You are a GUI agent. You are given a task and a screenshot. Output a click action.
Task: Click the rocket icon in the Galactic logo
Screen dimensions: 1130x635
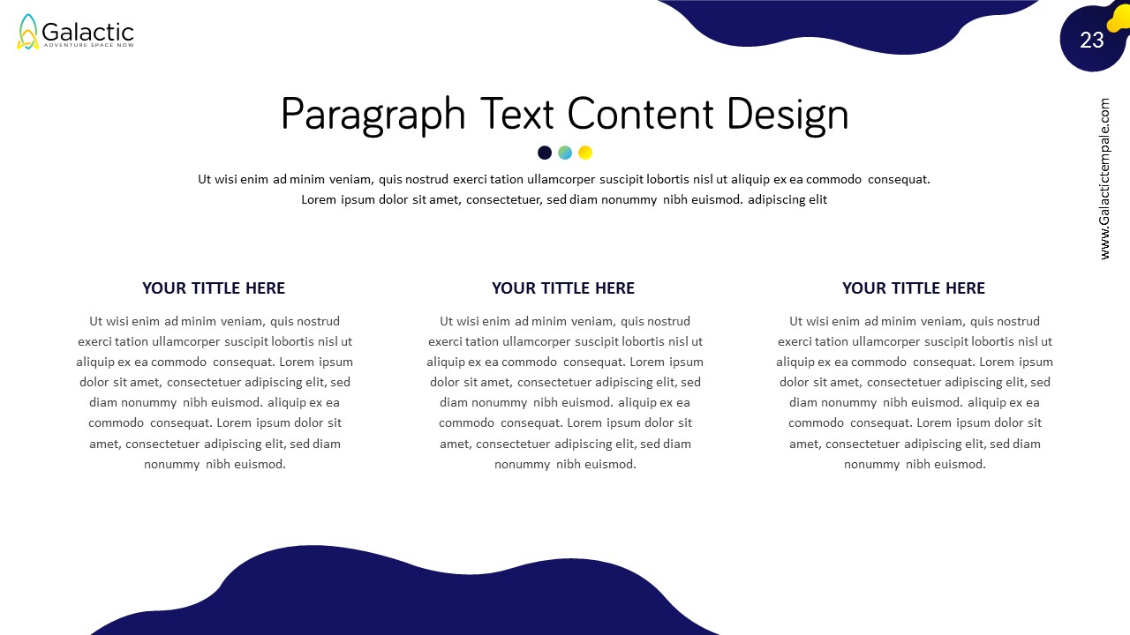27,32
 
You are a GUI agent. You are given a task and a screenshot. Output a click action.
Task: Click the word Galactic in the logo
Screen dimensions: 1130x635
87,33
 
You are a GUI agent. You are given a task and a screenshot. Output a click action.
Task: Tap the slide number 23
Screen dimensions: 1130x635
1092,41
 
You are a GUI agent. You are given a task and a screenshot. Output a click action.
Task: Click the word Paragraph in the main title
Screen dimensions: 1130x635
373,116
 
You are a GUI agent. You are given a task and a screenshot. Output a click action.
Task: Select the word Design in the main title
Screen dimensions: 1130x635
787,116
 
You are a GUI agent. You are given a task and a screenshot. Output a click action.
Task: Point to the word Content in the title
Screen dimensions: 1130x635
640,114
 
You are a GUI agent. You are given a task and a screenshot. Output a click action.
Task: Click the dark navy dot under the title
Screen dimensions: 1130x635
545,153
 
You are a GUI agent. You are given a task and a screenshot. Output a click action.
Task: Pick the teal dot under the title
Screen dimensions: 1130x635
565,153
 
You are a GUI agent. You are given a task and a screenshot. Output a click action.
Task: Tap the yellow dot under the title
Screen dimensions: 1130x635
585,153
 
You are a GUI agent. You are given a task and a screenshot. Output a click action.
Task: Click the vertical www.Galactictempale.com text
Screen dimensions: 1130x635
1104,179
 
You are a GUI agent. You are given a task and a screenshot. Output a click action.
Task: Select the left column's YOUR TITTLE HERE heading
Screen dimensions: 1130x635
214,288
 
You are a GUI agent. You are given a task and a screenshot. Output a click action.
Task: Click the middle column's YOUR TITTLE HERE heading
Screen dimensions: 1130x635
563,288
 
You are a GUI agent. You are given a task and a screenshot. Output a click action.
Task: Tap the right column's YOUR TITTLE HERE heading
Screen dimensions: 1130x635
913,288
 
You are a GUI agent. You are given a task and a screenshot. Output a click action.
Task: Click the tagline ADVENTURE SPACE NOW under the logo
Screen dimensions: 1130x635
89,45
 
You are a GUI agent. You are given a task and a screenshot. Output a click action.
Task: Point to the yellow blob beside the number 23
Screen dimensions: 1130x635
1119,18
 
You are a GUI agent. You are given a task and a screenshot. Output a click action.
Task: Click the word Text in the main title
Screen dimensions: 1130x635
516,114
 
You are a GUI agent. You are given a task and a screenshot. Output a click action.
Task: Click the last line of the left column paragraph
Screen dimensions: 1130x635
215,464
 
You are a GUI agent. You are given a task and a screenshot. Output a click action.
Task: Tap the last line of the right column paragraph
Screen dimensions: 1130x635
915,464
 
